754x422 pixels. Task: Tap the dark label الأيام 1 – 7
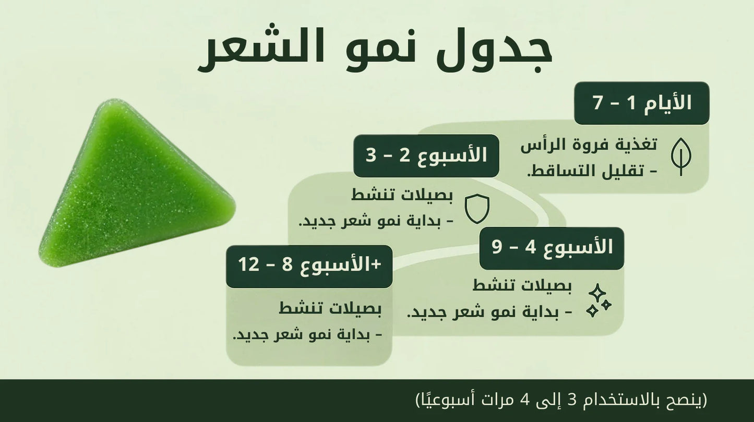(x=641, y=103)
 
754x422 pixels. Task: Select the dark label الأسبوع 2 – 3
(x=426, y=155)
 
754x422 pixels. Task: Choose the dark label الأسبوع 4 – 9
(x=552, y=248)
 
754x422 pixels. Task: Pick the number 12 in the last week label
(x=249, y=266)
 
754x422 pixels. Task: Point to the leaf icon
(x=681, y=156)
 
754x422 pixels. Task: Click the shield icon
(x=477, y=209)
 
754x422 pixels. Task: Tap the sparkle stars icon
(x=598, y=301)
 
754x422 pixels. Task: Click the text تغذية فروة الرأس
(x=589, y=145)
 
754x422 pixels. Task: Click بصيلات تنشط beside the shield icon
(x=402, y=196)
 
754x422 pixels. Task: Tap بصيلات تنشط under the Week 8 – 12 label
(x=330, y=308)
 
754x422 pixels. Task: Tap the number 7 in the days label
(x=598, y=103)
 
